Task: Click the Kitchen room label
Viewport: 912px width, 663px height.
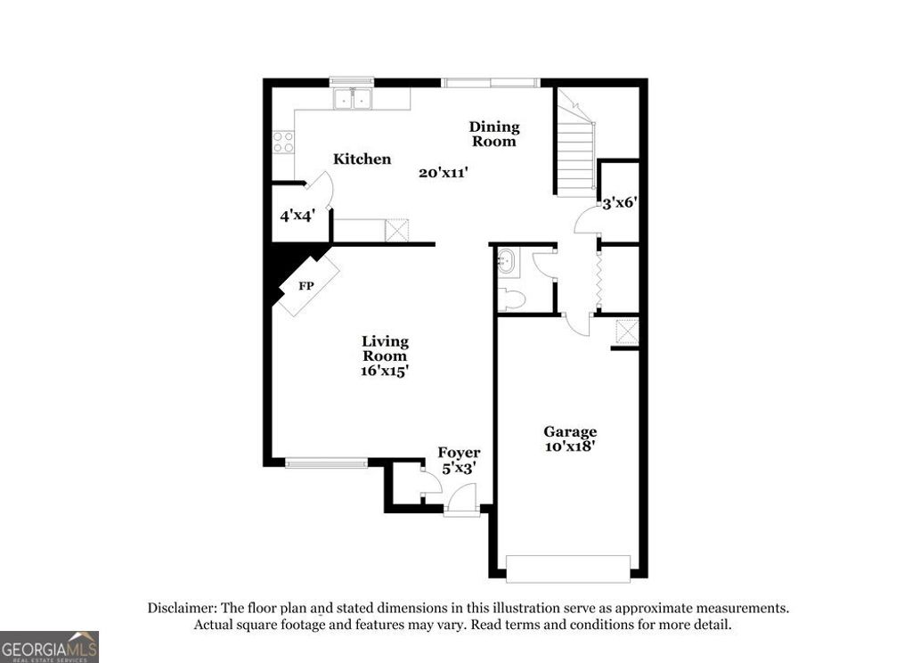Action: [x=362, y=160]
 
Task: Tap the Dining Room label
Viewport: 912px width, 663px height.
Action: [x=494, y=134]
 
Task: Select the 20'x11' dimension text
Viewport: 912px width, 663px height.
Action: [x=444, y=173]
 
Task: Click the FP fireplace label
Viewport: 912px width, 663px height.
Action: [x=305, y=287]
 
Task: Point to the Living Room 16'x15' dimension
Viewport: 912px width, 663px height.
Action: [x=385, y=371]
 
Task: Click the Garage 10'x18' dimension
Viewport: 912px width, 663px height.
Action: [x=570, y=446]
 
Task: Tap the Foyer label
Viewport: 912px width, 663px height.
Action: [x=459, y=453]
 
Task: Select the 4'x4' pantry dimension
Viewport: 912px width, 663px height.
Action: [x=297, y=216]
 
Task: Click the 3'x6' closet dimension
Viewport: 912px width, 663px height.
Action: [x=618, y=202]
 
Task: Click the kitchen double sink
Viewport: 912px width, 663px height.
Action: [x=354, y=98]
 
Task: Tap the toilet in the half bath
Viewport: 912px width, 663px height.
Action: [x=512, y=299]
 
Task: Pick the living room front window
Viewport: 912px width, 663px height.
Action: [x=326, y=462]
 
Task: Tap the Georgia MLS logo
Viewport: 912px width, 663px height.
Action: [x=49, y=646]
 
